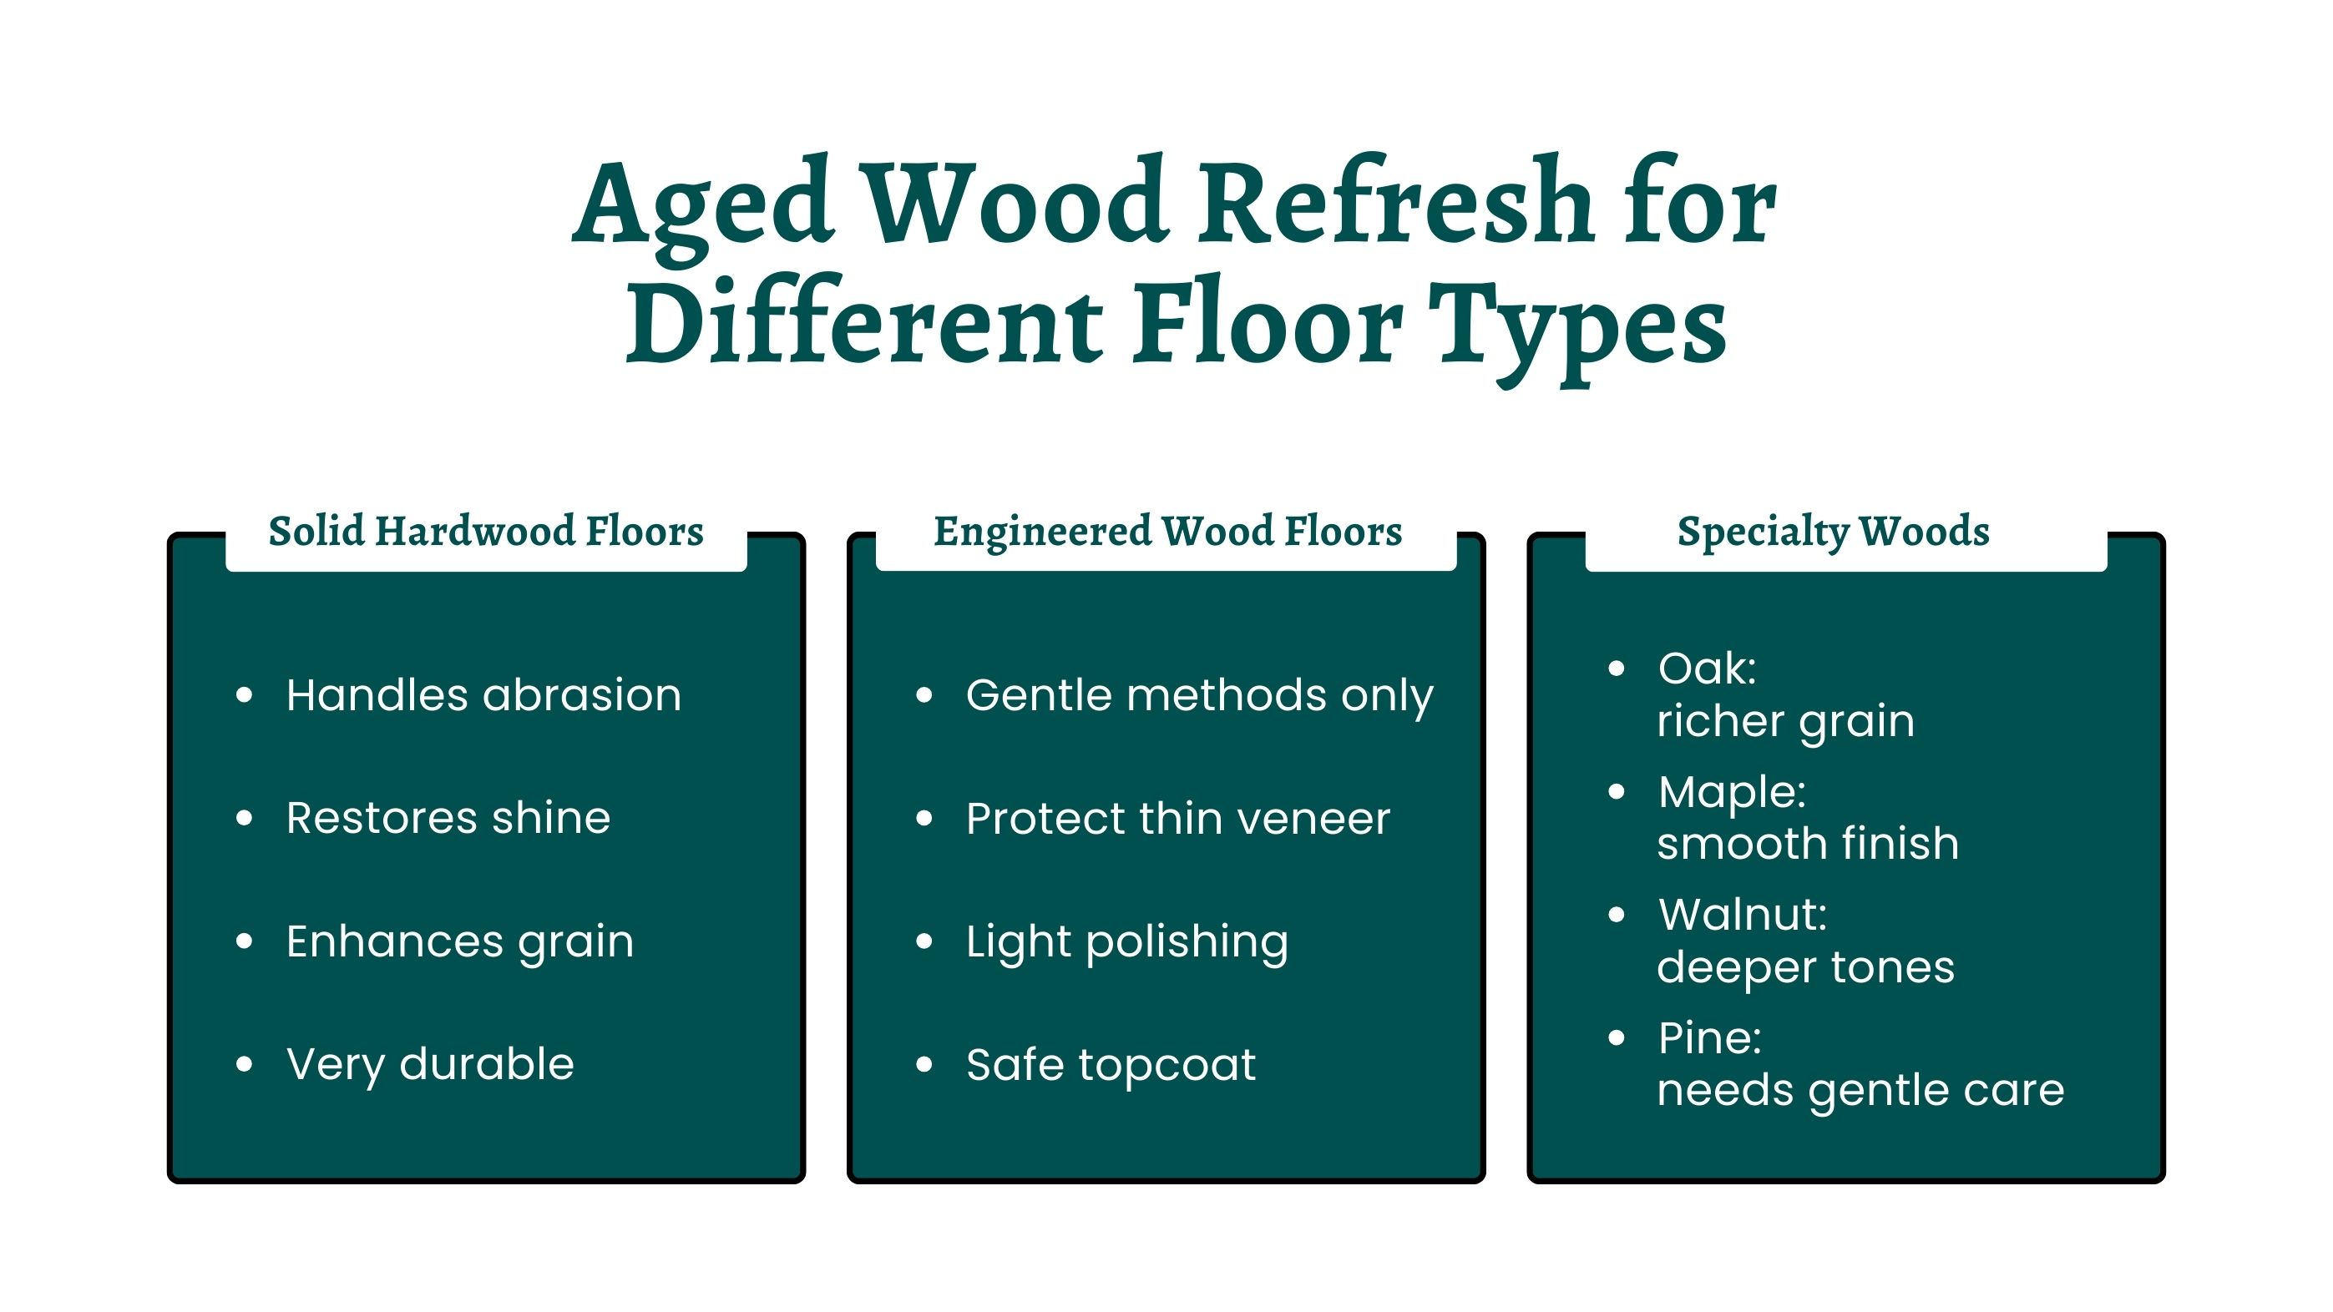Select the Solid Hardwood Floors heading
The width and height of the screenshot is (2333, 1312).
coord(485,532)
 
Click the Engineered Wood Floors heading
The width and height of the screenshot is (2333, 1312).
coord(1167,532)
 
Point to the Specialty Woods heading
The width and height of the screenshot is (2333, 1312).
coord(1833,532)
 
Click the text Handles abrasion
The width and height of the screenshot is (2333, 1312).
coord(483,695)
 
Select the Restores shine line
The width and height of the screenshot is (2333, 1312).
coord(448,819)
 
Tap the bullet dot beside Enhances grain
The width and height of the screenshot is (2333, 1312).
coord(244,941)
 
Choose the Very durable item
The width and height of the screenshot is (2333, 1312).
coord(430,1065)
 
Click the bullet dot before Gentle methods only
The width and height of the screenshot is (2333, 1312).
coord(924,695)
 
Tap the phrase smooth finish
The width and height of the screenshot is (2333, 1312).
coord(1808,844)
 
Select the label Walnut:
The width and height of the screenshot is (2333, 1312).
coord(1743,915)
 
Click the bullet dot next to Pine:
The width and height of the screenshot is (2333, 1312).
coord(1617,1037)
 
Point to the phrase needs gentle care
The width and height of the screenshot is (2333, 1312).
coord(1860,1091)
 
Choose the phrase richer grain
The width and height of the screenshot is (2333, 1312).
coord(1786,723)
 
